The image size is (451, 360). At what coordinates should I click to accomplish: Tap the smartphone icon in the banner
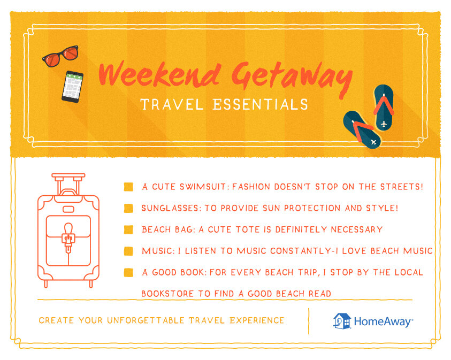pyautogui.click(x=72, y=86)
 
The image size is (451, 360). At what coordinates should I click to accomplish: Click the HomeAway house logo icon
pyautogui.click(x=341, y=321)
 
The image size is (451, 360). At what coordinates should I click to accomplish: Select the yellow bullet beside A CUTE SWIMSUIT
pyautogui.click(x=128, y=187)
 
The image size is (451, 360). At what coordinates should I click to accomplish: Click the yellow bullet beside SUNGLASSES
pyautogui.click(x=128, y=208)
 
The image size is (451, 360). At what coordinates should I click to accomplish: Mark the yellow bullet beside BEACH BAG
pyautogui.click(x=128, y=229)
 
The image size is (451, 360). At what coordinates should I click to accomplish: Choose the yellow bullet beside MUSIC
pyautogui.click(x=128, y=251)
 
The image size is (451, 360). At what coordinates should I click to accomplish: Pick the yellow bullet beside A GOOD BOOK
pyautogui.click(x=128, y=272)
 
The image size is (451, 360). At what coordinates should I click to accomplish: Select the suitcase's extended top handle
pyautogui.click(x=68, y=179)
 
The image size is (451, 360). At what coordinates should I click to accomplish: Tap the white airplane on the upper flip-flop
pyautogui.click(x=384, y=124)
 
